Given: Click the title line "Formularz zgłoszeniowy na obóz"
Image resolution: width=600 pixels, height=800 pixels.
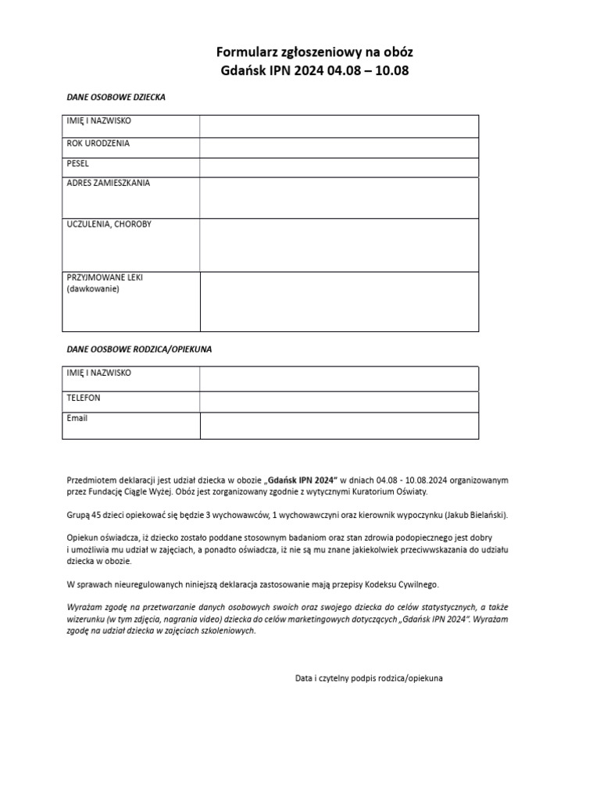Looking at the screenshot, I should coord(314,52).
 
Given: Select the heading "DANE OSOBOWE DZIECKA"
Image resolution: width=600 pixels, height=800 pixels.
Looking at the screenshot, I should coord(115,98).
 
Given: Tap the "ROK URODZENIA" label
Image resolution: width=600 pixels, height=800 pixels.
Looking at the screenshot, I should coord(98,144).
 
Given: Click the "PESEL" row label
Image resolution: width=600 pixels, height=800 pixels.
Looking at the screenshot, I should coord(78,164).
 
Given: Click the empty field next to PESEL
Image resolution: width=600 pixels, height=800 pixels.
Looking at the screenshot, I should coord(339,167).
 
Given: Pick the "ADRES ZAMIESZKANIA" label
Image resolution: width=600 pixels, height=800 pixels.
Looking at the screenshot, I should coord(109,184).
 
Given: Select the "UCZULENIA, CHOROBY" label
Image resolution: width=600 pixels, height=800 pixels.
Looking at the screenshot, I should coord(109,224).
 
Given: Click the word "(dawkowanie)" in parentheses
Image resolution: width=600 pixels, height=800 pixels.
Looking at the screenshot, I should coord(93,288).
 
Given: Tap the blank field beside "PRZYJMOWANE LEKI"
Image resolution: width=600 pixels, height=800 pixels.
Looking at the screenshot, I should coord(339,302).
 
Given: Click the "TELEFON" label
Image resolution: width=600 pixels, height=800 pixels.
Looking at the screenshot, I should coord(84,398).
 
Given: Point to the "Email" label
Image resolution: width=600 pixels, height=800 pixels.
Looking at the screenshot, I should coord(77,418).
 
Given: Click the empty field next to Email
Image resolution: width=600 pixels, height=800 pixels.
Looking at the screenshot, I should coord(339,426).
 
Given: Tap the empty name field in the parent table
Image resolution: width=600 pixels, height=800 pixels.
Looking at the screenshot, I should coord(339,378).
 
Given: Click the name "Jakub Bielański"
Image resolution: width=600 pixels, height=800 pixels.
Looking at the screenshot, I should coord(473,516).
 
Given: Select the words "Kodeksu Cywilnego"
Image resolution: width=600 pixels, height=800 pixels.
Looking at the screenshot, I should coord(403,584).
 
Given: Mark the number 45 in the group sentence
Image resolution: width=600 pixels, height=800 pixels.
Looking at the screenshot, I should coord(97,516).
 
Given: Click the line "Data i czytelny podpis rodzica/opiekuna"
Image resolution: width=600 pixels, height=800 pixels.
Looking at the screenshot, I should coord(369,678).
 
